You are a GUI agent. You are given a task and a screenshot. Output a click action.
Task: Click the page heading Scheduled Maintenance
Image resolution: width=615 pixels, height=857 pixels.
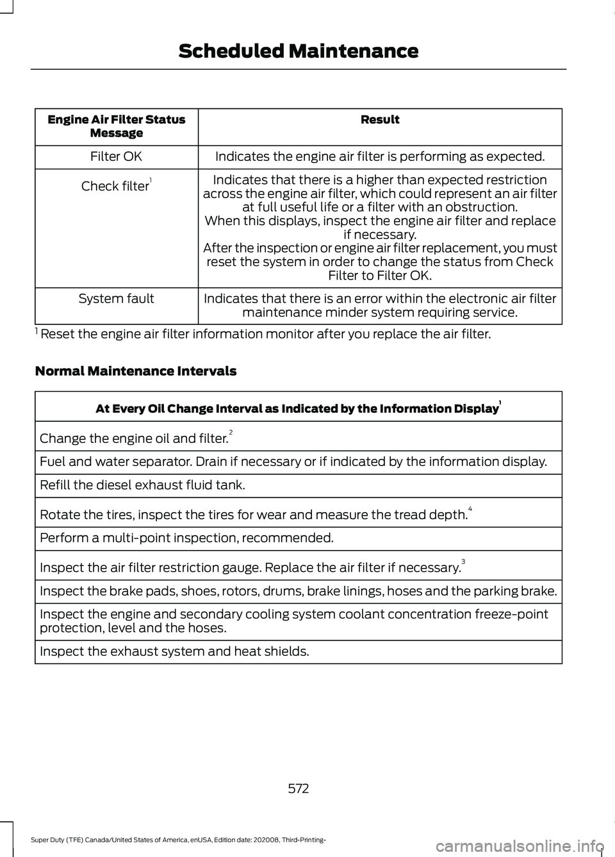click(x=298, y=51)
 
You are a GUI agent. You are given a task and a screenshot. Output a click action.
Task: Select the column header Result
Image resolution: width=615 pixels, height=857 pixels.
click(x=380, y=120)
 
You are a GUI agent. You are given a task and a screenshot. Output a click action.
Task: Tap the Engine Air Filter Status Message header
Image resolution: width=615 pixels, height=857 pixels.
click(x=117, y=126)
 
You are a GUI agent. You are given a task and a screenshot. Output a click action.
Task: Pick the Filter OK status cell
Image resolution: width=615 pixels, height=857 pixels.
click(x=116, y=156)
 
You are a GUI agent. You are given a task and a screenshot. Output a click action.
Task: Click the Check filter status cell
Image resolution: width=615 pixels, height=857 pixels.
click(x=116, y=187)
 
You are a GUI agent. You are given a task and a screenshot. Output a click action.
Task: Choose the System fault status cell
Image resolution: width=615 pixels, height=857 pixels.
click(x=116, y=299)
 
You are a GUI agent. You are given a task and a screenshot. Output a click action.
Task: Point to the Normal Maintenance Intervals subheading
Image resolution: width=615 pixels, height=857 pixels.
click(x=136, y=371)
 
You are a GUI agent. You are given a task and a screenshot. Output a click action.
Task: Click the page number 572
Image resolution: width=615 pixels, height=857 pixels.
click(x=299, y=788)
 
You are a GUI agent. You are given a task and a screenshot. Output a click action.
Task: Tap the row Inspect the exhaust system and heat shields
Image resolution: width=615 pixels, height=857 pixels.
click(x=174, y=652)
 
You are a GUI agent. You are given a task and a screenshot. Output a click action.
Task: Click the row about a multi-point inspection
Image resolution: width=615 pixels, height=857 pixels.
click(x=186, y=538)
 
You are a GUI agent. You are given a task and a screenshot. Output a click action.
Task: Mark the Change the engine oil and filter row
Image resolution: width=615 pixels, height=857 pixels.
click(x=135, y=438)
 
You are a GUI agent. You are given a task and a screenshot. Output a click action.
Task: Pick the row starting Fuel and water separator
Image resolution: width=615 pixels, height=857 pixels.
click(x=293, y=462)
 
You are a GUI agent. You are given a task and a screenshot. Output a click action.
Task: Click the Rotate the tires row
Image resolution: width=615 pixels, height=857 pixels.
click(x=256, y=514)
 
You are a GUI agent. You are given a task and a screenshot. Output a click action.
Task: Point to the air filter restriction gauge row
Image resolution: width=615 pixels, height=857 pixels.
click(x=252, y=567)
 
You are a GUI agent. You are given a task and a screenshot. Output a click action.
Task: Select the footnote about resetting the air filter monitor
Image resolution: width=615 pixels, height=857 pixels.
click(x=263, y=335)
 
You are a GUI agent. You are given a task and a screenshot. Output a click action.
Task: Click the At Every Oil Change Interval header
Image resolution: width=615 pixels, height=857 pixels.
click(x=298, y=408)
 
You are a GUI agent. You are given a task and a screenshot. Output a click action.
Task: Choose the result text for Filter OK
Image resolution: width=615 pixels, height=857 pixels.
click(x=380, y=156)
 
